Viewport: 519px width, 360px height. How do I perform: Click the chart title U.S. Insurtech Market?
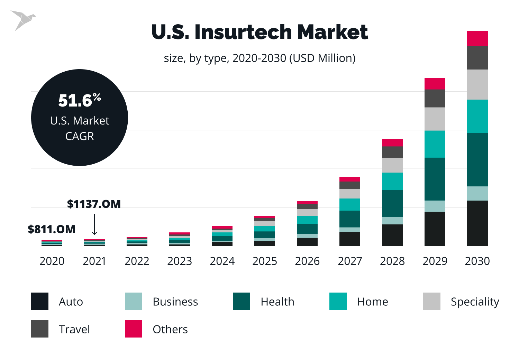pos(259,32)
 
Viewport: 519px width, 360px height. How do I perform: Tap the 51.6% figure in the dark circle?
pos(80,100)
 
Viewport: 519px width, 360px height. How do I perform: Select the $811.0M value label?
pos(52,229)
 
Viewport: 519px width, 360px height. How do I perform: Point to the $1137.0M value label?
pos(94,204)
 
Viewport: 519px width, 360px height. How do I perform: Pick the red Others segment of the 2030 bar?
pos(477,39)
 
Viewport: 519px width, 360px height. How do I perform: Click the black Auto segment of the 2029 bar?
pos(435,229)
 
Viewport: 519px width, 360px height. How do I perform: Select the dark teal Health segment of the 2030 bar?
pos(477,160)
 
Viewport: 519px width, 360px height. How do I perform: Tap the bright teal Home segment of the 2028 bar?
pos(392,181)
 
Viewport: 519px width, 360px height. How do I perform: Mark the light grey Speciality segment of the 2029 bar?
pos(435,119)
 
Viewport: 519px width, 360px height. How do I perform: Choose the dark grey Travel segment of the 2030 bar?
pos(477,58)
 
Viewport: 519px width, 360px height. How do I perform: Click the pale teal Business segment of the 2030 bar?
pos(477,194)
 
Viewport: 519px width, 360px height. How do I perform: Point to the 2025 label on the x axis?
pos(265,261)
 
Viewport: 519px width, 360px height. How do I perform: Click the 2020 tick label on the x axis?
pos(52,261)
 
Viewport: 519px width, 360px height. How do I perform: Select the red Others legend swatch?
pos(134,329)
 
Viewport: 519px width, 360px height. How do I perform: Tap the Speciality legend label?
pos(475,302)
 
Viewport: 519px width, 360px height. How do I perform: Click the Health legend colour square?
pos(242,301)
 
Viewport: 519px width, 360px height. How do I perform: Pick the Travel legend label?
pos(74,329)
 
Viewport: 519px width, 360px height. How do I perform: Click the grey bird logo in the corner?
pos(23,20)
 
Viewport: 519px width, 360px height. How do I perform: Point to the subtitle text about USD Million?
pos(259,58)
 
